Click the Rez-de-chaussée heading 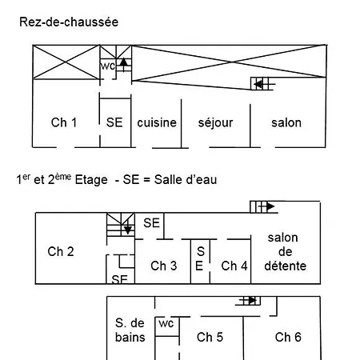pyautogui.click(x=69, y=22)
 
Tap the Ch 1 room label pyautogui.click(x=64, y=122)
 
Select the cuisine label pyautogui.click(x=157, y=122)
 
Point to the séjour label pyautogui.click(x=215, y=123)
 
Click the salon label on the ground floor pyautogui.click(x=286, y=122)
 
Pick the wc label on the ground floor pyautogui.click(x=108, y=66)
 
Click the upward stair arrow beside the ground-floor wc pyautogui.click(x=123, y=64)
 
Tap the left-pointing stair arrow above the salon pyautogui.click(x=264, y=85)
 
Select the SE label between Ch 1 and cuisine pyautogui.click(x=114, y=122)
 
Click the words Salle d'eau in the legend pyautogui.click(x=186, y=179)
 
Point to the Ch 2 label pyautogui.click(x=61, y=251)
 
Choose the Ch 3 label pyautogui.click(x=164, y=266)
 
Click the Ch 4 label pyautogui.click(x=234, y=266)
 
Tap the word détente pyautogui.click(x=286, y=266)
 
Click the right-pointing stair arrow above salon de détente pyautogui.click(x=266, y=206)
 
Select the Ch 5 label pyautogui.click(x=210, y=337)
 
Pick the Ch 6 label pyautogui.click(x=288, y=337)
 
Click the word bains pyautogui.click(x=130, y=338)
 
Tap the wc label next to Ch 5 pyautogui.click(x=166, y=323)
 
